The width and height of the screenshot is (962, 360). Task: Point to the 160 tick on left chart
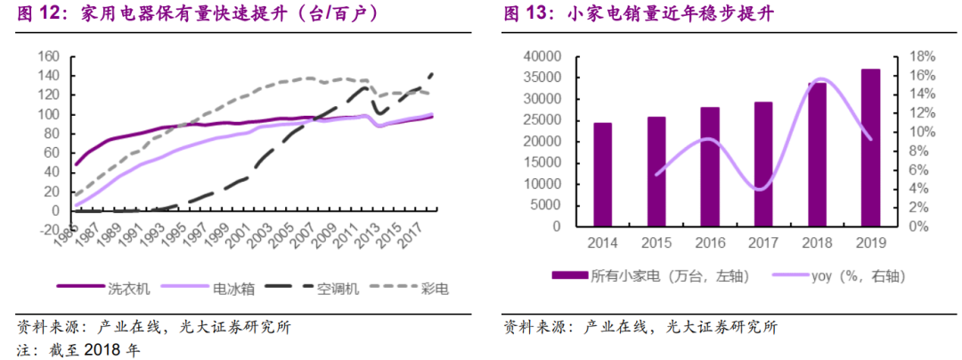tap(49, 57)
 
